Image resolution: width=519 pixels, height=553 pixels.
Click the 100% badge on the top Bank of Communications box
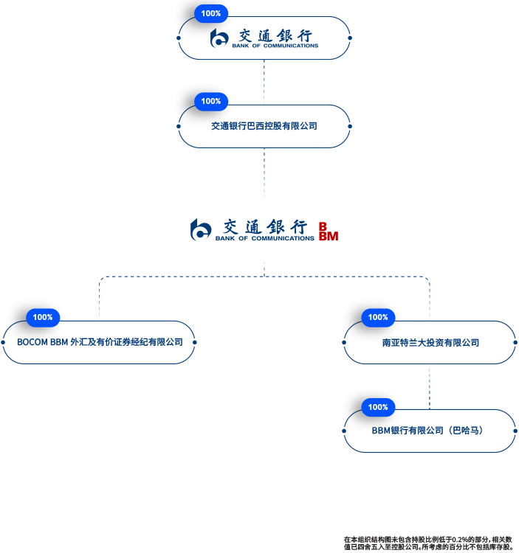pyautogui.click(x=211, y=13)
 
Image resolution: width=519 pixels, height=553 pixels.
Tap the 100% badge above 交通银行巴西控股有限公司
pyautogui.click(x=211, y=101)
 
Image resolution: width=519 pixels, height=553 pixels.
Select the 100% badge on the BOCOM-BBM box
pyautogui.click(x=43, y=317)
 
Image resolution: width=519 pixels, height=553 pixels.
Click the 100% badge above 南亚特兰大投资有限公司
pyautogui.click(x=378, y=317)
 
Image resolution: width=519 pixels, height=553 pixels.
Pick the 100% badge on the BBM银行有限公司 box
pyautogui.click(x=378, y=407)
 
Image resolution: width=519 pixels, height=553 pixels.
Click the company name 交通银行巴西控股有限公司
pyautogui.click(x=264, y=126)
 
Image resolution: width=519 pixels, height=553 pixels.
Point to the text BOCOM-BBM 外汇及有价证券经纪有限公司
pyautogui.click(x=100, y=342)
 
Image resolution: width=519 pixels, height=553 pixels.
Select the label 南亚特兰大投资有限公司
pyautogui.click(x=430, y=342)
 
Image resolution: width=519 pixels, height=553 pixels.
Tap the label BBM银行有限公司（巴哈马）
pyautogui.click(x=430, y=431)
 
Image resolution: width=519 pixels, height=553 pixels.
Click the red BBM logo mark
pyautogui.click(x=328, y=231)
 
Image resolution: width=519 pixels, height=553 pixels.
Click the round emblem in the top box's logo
pyautogui.click(x=219, y=38)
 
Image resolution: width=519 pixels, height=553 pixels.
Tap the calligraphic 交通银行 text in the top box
pyautogui.click(x=275, y=35)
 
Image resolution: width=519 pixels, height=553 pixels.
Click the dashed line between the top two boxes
pyautogui.click(x=264, y=82)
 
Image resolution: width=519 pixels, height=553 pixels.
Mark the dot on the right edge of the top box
pyautogui.click(x=350, y=38)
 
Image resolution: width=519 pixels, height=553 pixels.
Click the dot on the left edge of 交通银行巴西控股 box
pyautogui.click(x=179, y=126)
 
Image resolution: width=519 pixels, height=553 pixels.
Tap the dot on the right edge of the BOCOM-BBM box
pyautogui.click(x=195, y=342)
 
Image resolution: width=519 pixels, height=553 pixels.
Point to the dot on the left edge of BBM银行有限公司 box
pyautogui.click(x=345, y=431)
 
